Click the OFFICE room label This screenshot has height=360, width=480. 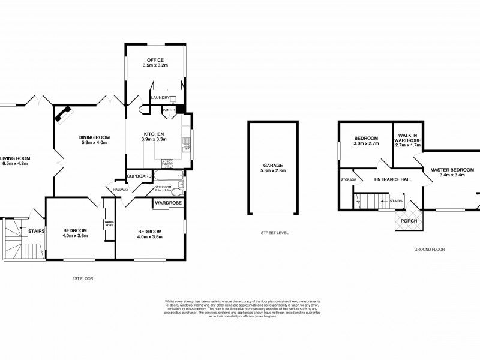click(x=155, y=60)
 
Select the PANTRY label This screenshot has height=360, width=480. click(x=169, y=110)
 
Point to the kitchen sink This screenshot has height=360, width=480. click(x=187, y=143)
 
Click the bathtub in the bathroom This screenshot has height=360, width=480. click(x=169, y=178)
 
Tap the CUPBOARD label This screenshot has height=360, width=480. click(x=139, y=176)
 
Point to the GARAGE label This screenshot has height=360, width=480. click(x=272, y=165)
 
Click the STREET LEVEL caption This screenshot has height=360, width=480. click(x=272, y=232)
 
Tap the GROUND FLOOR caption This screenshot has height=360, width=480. click(x=429, y=249)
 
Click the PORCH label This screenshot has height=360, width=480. click(x=409, y=221)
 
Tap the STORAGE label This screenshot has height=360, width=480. click(x=349, y=180)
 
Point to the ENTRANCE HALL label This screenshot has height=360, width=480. click(x=392, y=180)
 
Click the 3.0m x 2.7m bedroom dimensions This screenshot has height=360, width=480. click(x=365, y=144)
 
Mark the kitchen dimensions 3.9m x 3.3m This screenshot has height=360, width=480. click(x=154, y=139)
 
